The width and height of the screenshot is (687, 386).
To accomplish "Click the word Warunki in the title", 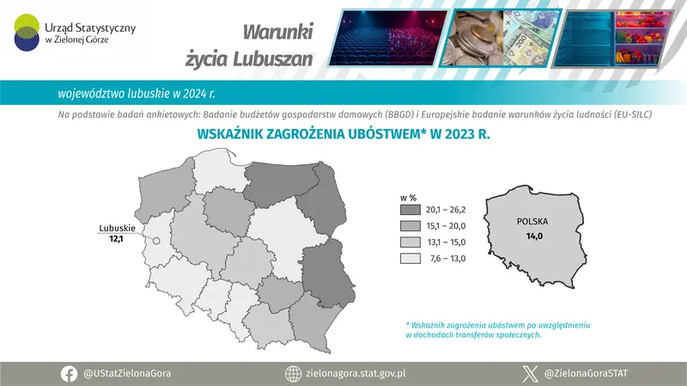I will pos(278,32).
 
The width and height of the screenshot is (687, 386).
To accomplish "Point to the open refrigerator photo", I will pos(615,37).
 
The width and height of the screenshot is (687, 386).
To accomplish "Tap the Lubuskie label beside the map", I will pos(113,227).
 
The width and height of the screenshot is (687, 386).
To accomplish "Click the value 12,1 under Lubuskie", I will pos(117,238).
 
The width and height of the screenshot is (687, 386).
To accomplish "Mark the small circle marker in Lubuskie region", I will pos(156,242).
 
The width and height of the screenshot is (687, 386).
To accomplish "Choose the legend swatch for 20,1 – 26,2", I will pos(410,209).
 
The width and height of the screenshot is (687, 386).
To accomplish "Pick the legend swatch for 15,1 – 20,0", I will pos(410,225).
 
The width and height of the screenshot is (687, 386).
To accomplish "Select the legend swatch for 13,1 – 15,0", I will pos(410,242).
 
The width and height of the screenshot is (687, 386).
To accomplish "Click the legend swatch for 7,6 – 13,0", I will pos(410,258).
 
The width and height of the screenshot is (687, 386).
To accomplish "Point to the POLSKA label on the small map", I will pos(532,221).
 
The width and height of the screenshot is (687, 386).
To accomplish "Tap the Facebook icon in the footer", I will pos(70,374).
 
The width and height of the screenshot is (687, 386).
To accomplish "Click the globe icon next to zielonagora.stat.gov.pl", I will pos(292,374).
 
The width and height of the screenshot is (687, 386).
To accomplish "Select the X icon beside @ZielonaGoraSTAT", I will pos(530,374).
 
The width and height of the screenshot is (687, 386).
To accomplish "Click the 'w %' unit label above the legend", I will pos(409,195).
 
